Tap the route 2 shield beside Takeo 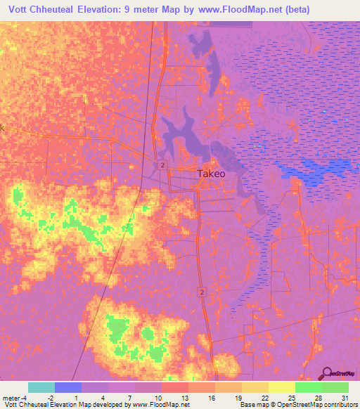[x=162, y=164]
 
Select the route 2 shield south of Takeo [x=202, y=291]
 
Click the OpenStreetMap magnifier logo [x=326, y=374]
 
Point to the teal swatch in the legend [x=41, y=387]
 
